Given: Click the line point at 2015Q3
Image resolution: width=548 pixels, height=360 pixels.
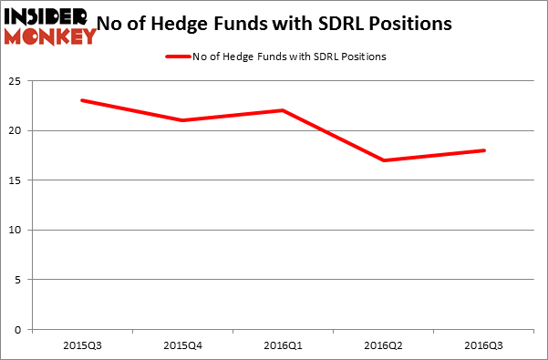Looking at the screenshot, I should [82, 100].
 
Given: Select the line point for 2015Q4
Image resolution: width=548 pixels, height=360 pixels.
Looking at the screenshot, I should [182, 120].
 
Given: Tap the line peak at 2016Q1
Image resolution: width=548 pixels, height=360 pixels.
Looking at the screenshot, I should [283, 110].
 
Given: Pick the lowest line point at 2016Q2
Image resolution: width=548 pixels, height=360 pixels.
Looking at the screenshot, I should [384, 160].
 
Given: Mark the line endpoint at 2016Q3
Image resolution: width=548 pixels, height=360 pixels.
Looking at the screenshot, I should [484, 150].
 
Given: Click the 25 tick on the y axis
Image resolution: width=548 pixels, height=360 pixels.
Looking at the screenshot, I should [17, 81].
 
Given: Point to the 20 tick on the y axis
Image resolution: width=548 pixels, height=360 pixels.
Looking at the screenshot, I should [17, 131].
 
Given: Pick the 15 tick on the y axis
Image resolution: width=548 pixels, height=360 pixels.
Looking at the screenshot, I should [17, 180].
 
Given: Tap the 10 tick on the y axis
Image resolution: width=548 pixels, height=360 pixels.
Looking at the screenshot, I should [17, 231].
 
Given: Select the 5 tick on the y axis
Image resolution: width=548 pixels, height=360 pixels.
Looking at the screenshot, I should [20, 280].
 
